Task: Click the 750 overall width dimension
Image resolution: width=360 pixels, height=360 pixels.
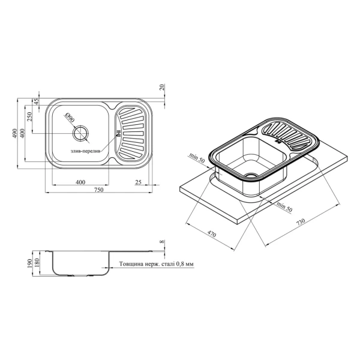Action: pos(98,190)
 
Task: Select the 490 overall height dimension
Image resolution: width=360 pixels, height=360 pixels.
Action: pos(14,133)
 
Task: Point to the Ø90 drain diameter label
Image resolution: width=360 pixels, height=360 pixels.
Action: pos(69,118)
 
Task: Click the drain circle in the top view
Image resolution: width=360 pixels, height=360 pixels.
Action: pos(80,133)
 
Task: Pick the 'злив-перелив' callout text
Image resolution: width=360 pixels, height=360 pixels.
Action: pos(85,152)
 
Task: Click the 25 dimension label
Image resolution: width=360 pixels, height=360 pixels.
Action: pos(138,182)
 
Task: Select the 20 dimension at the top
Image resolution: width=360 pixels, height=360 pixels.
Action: pos(163,87)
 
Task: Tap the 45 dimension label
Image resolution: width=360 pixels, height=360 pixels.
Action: pos(36,101)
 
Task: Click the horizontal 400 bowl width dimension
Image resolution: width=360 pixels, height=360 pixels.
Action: pos(80,182)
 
